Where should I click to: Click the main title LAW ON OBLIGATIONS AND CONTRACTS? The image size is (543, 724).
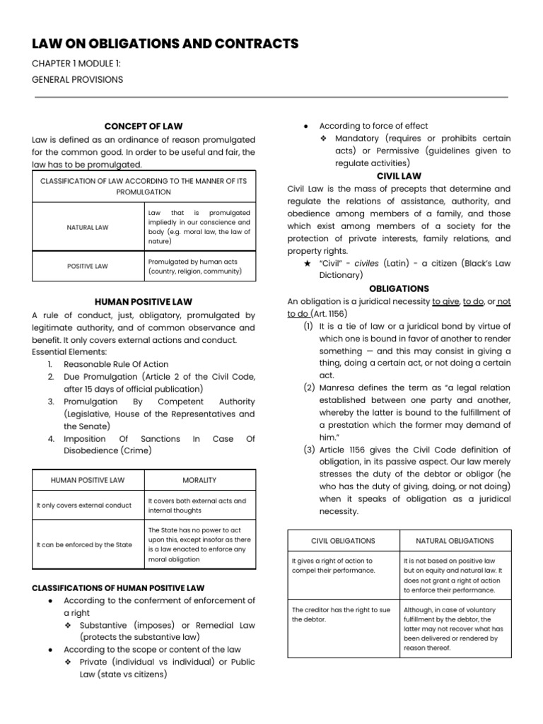pyautogui.click(x=165, y=45)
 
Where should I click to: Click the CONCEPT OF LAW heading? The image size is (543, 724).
pyautogui.click(x=144, y=127)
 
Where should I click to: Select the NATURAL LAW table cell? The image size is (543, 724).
pyautogui.click(x=88, y=227)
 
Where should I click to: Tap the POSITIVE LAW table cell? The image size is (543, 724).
pyautogui.click(x=88, y=267)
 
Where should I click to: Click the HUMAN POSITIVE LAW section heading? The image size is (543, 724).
pyautogui.click(x=144, y=302)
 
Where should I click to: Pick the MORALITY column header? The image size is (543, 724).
pyautogui.click(x=199, y=480)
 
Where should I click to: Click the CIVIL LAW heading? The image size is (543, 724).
pyautogui.click(x=399, y=176)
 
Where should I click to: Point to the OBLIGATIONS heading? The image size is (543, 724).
pyautogui.click(x=399, y=288)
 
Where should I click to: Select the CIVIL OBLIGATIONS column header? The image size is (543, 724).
pyautogui.click(x=344, y=541)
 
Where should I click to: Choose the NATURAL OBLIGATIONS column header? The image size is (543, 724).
pyautogui.click(x=455, y=541)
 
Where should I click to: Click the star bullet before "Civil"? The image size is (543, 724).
pyautogui.click(x=307, y=263)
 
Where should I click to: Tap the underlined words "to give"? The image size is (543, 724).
pyautogui.click(x=445, y=302)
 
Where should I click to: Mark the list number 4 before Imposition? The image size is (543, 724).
pyautogui.click(x=52, y=439)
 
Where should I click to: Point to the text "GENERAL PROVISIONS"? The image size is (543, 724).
pyautogui.click(x=77, y=79)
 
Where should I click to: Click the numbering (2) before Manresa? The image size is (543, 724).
pyautogui.click(x=309, y=388)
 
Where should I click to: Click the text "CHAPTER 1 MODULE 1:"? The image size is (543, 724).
pyautogui.click(x=76, y=64)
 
